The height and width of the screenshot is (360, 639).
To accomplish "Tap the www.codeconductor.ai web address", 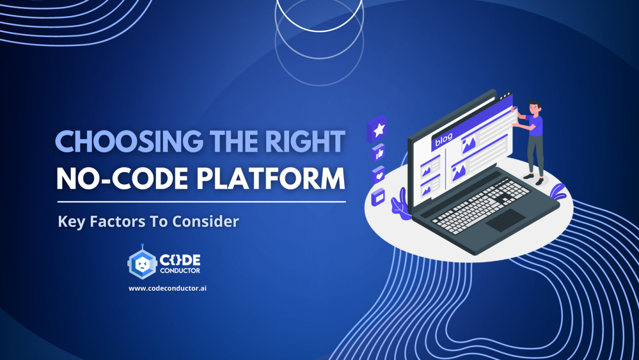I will point(167,288).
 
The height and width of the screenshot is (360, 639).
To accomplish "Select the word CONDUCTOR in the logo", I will point(180,271).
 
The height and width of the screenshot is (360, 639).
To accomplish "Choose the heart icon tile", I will point(378,175).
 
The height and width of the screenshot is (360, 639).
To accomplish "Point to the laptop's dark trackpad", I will point(505,220).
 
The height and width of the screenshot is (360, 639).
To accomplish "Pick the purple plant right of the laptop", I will point(558,192).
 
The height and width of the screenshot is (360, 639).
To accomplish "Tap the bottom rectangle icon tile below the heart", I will point(378,197).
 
